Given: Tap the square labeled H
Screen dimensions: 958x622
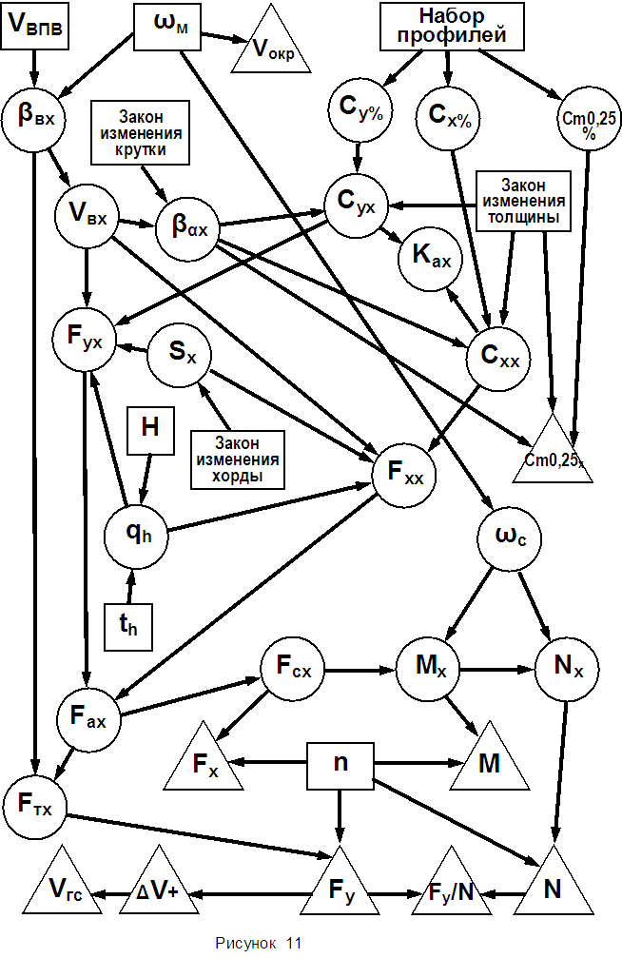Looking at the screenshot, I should point(149,428).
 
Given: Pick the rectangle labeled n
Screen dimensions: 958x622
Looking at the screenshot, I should point(340,763).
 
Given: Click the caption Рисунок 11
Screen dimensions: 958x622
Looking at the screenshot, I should point(259,943).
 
